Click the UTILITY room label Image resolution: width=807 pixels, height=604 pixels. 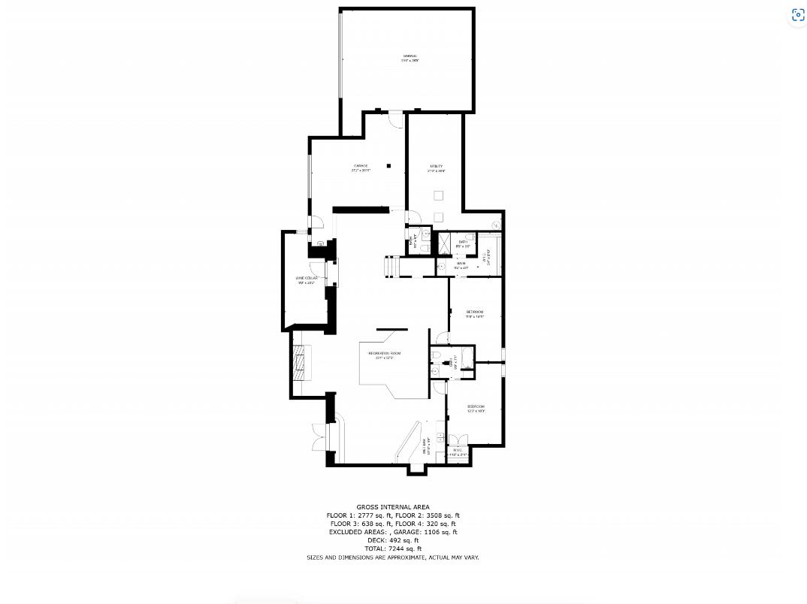coord(436,166)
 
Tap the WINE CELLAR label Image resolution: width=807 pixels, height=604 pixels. coord(306,278)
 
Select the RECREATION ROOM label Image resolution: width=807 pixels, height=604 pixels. coord(384,353)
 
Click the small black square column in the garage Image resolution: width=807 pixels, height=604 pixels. coord(388,165)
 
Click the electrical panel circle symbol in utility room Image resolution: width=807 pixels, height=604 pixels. coord(496,225)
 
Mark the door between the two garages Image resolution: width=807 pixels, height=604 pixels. coord(395,114)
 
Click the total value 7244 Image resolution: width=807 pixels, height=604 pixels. coord(400,548)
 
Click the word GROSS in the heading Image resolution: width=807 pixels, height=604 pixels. coord(368,507)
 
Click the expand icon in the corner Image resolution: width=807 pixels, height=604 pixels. coord(797,15)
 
